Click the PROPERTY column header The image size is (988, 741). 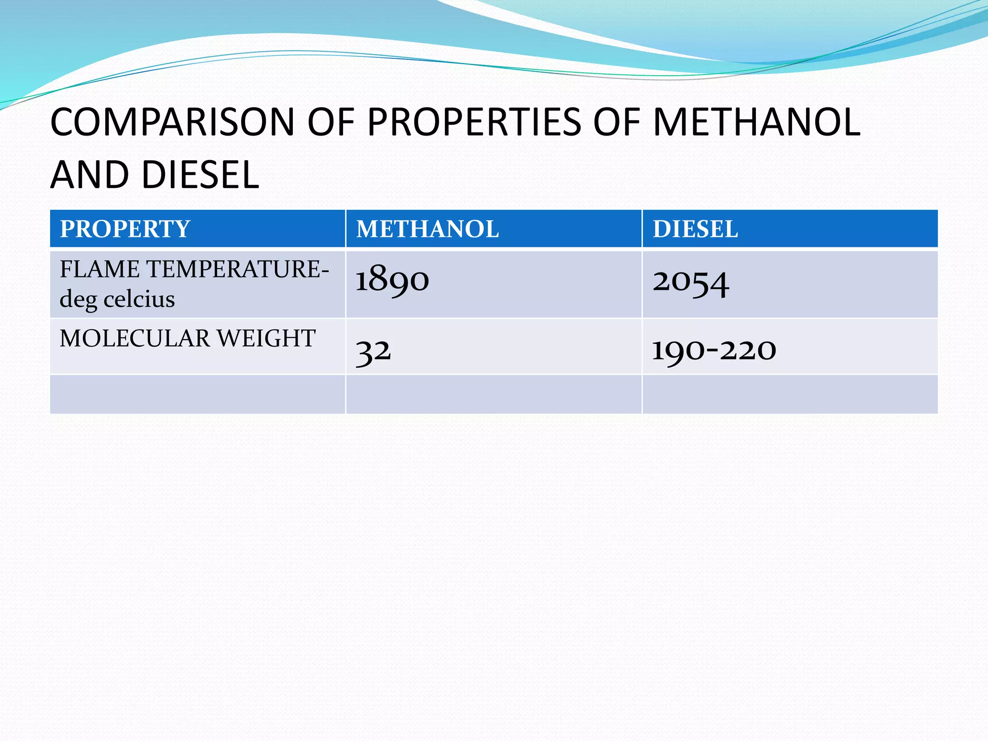pos(125,229)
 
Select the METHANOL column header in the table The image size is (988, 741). pos(427,229)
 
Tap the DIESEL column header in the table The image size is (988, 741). pos(695,229)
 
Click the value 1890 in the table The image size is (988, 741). pos(392,280)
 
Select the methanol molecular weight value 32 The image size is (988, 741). pos(373,351)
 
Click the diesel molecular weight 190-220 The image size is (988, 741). pos(714,350)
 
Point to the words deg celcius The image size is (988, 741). pos(117,299)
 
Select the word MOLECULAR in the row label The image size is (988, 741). pos(135,338)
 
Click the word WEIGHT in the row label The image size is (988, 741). pos(266,338)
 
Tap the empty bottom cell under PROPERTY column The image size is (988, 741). pos(197,395)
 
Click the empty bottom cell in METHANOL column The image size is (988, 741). pos(494,395)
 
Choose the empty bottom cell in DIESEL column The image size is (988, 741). pos(790,395)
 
